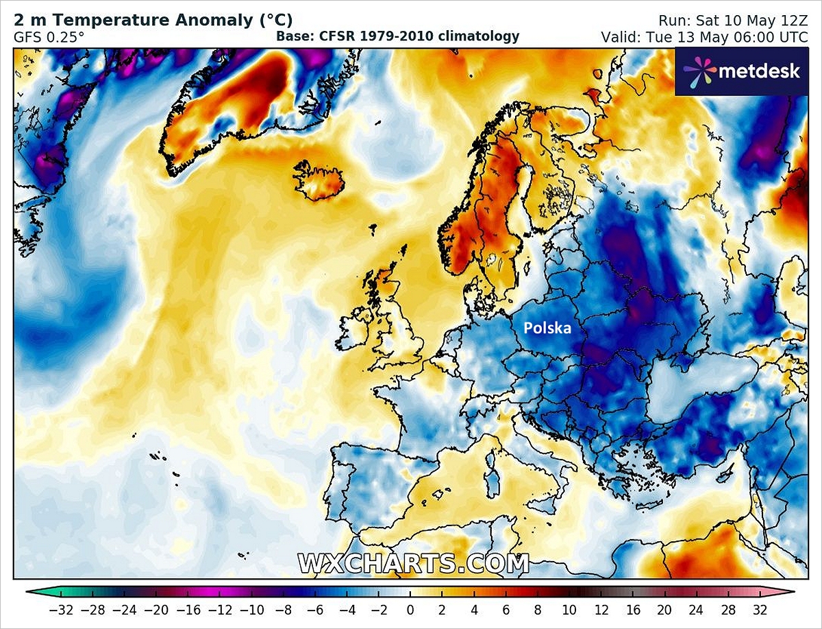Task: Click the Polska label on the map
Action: pyautogui.click(x=547, y=328)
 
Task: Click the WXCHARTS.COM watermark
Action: pyautogui.click(x=413, y=563)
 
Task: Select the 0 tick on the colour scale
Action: pyautogui.click(x=410, y=608)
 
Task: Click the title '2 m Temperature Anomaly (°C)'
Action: pyautogui.click(x=153, y=20)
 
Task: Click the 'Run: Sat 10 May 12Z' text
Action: pyautogui.click(x=733, y=20)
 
